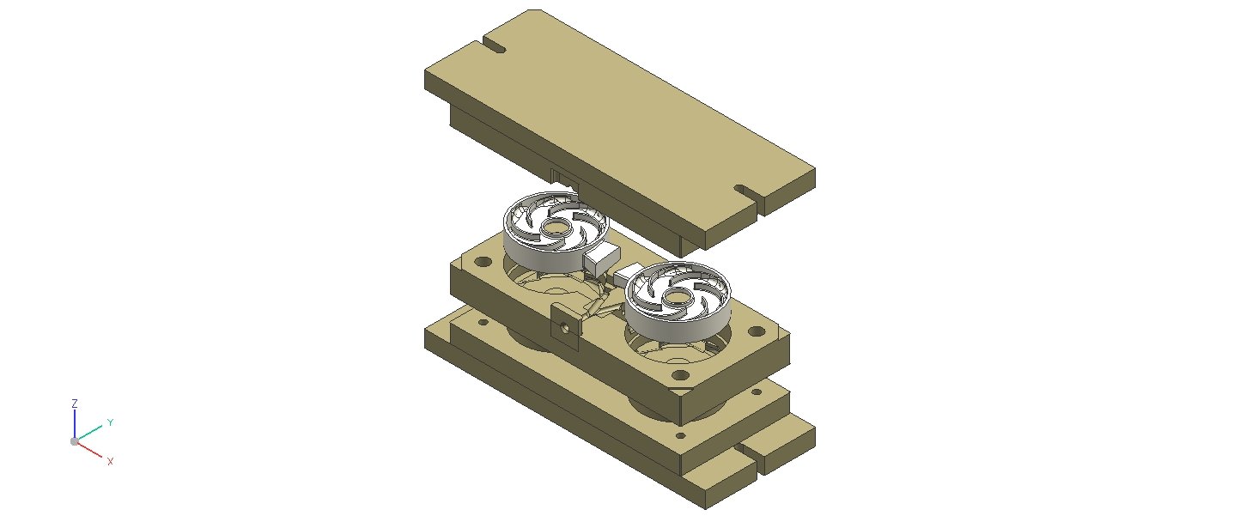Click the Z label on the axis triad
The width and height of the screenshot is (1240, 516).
pyautogui.click(x=75, y=404)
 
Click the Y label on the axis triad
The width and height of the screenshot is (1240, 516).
pyautogui.click(x=110, y=422)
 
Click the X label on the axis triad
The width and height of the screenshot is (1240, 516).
pyautogui.click(x=110, y=461)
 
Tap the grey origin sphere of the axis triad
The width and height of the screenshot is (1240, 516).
pyautogui.click(x=74, y=441)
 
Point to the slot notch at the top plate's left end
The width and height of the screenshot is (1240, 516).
pyautogui.click(x=494, y=46)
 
